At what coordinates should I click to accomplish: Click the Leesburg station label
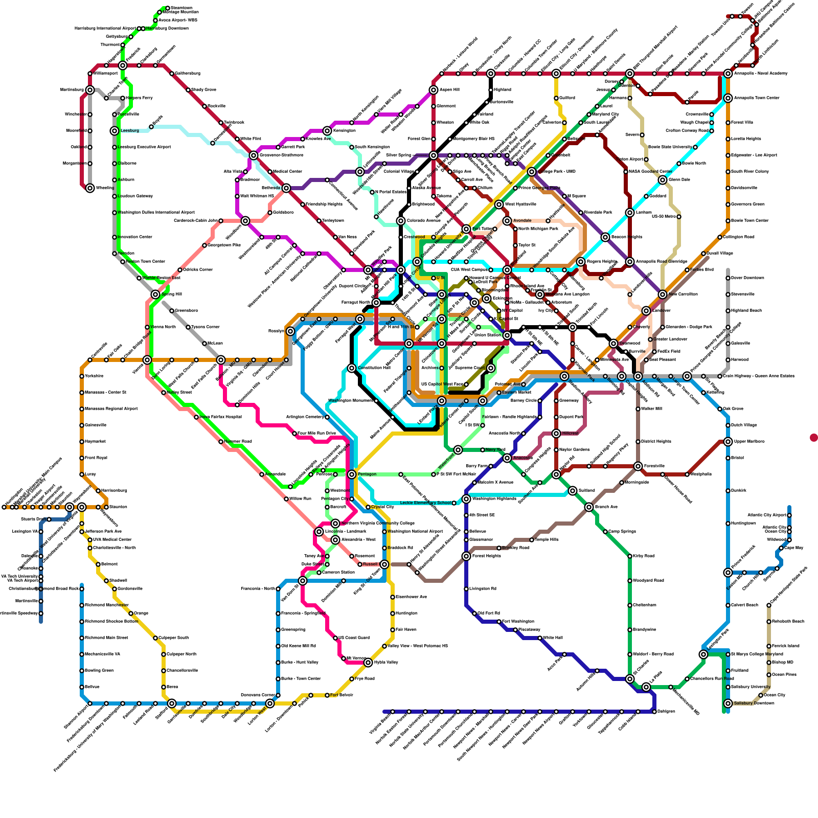click(x=130, y=131)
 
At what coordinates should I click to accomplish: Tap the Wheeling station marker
click(x=90, y=188)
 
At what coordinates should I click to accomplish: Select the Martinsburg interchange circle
click(x=90, y=90)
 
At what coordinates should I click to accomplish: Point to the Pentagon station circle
click(x=352, y=474)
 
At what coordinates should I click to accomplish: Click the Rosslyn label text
click(x=276, y=331)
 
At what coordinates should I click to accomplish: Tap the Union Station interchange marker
click(x=507, y=335)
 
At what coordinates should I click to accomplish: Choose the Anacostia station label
click(x=522, y=458)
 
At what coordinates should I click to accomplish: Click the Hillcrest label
click(x=570, y=434)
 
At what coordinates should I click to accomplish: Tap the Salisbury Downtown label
click(x=753, y=703)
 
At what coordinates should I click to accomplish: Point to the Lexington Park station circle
click(x=703, y=654)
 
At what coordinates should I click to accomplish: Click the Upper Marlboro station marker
click(x=728, y=442)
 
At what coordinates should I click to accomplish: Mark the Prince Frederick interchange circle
click(x=728, y=573)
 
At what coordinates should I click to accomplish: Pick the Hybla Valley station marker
click(x=368, y=663)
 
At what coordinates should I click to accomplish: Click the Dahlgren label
click(x=666, y=712)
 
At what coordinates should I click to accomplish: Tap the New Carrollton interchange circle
click(x=663, y=294)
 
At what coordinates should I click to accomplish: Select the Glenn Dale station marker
click(x=663, y=180)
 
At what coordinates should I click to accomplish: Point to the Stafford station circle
click(x=172, y=703)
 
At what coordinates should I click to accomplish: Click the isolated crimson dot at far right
click(x=814, y=438)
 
